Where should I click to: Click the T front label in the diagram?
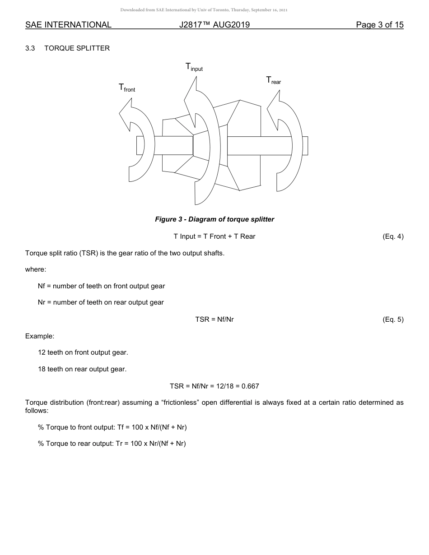pos(126,88)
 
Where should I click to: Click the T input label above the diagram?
pos(194,67)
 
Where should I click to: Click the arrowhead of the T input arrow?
pos(191,97)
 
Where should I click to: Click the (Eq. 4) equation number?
pos(392,236)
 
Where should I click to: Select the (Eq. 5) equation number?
pos(392,319)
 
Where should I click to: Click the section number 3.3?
pos(30,48)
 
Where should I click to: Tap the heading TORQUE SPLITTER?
pos(77,48)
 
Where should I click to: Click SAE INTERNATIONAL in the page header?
pos(68,25)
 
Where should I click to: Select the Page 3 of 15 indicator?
pos(379,25)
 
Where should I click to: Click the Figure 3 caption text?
pos(214,219)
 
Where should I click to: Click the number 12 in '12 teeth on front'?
pos(42,352)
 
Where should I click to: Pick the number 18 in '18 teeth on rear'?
pos(42,369)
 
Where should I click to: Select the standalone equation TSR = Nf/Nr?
pos(214,319)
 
